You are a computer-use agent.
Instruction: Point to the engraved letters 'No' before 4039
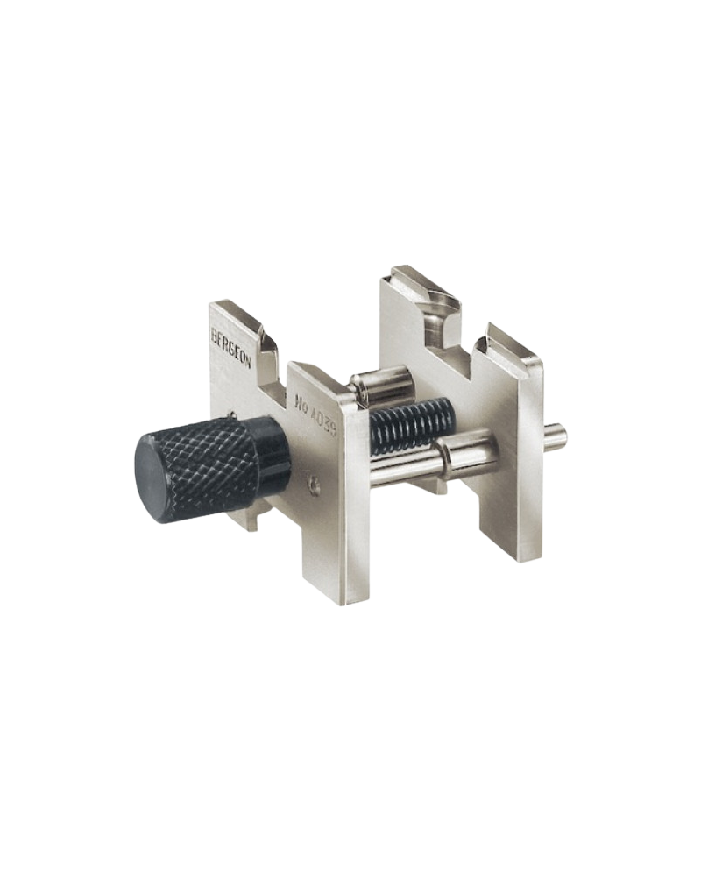(x=303, y=396)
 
